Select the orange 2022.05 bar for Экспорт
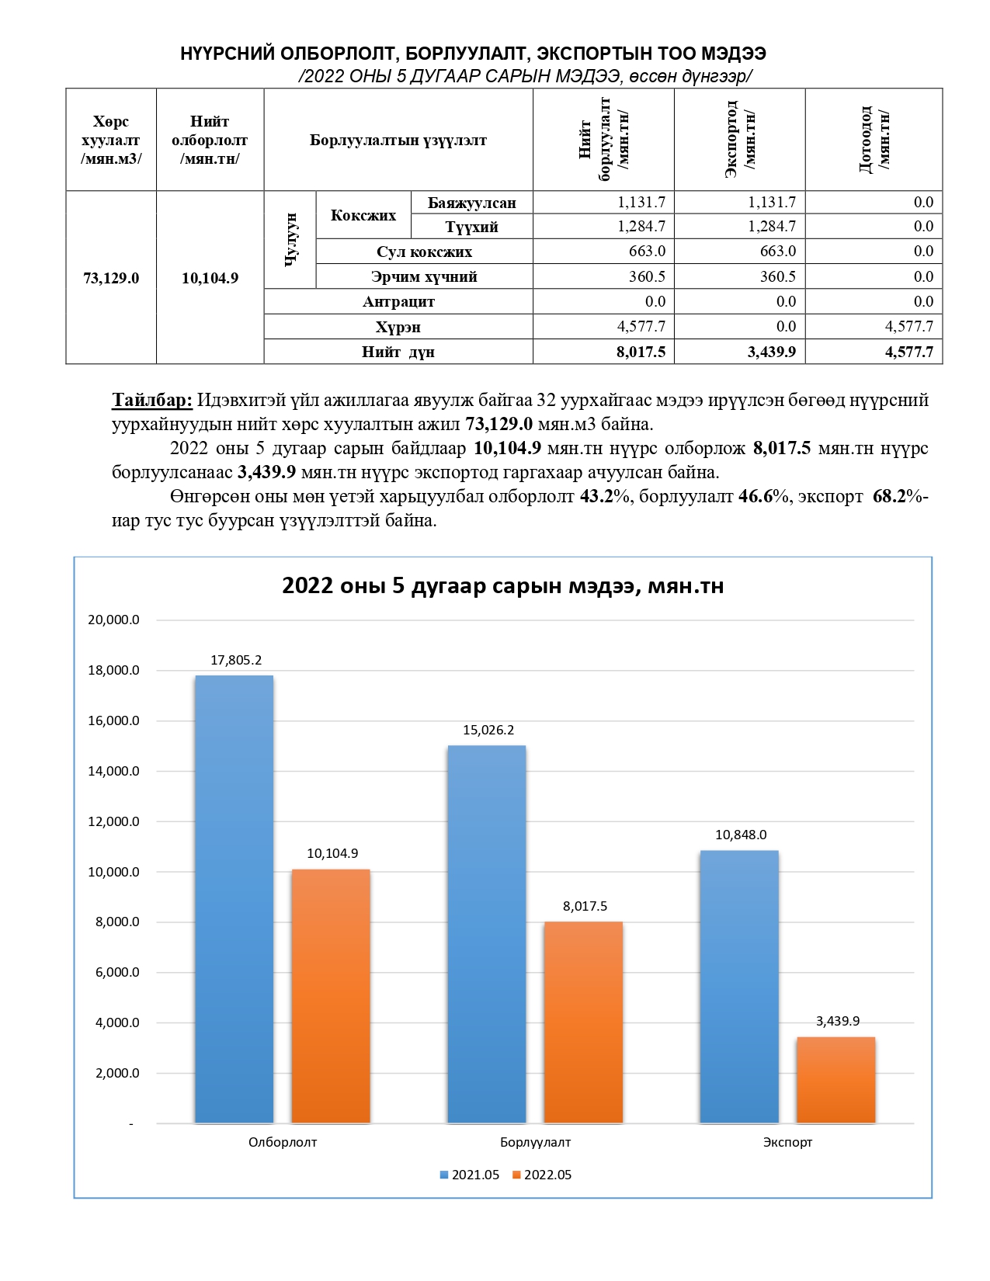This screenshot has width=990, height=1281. click(x=835, y=1080)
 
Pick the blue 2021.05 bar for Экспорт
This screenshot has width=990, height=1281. click(x=738, y=987)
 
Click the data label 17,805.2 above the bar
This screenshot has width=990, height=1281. click(x=236, y=660)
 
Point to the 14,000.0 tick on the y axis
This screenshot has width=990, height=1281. click(x=113, y=771)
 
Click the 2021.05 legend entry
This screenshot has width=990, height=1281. click(x=470, y=1175)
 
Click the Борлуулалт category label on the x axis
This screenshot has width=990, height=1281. click(x=535, y=1142)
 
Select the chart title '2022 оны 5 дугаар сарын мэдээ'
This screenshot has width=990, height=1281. click(x=502, y=585)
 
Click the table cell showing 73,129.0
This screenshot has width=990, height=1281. click(x=111, y=278)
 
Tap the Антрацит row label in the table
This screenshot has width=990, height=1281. click(x=398, y=301)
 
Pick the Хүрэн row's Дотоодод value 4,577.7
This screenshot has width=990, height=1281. click(x=908, y=326)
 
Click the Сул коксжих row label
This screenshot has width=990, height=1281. click(x=424, y=252)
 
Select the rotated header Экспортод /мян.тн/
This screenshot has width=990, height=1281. click(x=740, y=140)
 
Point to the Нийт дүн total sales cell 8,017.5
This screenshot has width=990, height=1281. click(x=641, y=352)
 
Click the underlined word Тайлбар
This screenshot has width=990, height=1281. click(x=152, y=401)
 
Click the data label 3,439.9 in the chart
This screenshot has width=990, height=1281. click(x=837, y=1021)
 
